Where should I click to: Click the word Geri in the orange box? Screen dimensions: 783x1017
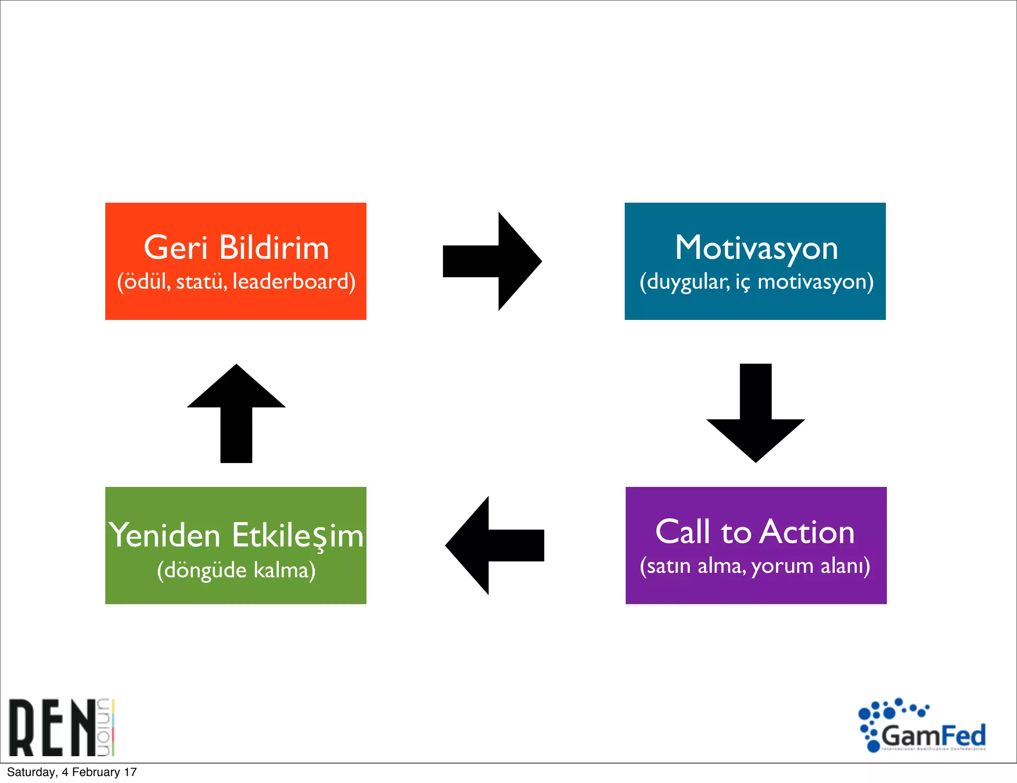coord(175,247)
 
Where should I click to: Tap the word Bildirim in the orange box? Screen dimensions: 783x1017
coord(274,247)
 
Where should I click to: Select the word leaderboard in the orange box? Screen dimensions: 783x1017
coord(293,282)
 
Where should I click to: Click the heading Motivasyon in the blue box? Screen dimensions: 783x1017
coord(756,247)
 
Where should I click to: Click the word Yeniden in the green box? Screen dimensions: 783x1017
coord(165,536)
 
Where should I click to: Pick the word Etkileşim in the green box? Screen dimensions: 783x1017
coord(298,536)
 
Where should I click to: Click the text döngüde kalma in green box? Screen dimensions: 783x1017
coord(236,570)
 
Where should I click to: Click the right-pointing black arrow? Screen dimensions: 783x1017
coord(492,261)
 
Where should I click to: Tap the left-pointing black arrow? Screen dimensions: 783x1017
coord(495,546)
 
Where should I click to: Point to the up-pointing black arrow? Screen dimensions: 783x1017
coord(236,413)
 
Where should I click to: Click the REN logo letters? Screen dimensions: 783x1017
coord(52,727)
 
